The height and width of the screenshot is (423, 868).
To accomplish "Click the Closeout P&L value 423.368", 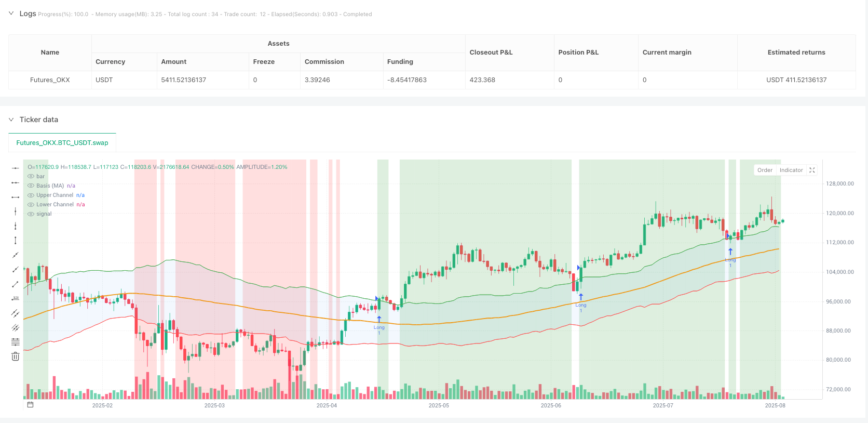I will pos(482,80).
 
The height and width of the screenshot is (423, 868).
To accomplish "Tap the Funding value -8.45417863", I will pos(406,80).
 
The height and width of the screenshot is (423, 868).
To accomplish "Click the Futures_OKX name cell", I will pos(50,80).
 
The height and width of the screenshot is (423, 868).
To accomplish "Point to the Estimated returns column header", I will pos(796,52).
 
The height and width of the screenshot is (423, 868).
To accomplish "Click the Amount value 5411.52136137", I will pos(183,80).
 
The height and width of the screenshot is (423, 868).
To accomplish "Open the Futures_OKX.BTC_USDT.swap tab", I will pos(62,143).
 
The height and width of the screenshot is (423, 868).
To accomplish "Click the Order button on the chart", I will pos(765,170).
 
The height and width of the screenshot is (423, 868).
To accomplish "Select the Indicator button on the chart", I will pos(791,170).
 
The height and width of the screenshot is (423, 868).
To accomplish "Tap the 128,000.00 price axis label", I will pos(839,184).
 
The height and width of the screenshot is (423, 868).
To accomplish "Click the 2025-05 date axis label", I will pos(439,405).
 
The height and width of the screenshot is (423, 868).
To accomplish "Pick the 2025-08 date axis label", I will pos(775,405).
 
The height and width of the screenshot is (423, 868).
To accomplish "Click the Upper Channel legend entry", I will pos(55,195).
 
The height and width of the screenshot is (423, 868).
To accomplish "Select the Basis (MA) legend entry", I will pos(50,186).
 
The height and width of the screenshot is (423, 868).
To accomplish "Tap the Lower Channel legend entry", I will pos(55,205).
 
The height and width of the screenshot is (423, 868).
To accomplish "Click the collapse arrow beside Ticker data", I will pos(11,120).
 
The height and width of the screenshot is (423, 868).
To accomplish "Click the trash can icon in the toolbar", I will pos(16,356).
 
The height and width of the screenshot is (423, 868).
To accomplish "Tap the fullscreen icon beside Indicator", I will pos(812,170).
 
